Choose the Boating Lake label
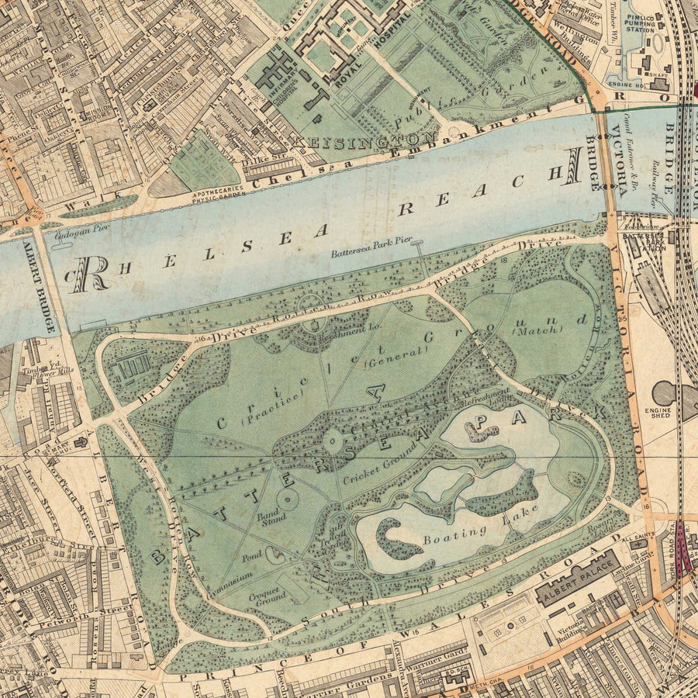[465, 532]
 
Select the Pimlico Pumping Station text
[647, 29]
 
